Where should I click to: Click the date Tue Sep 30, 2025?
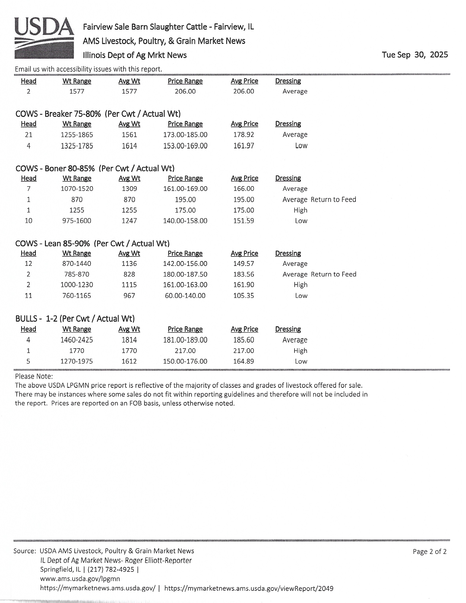pos(415,55)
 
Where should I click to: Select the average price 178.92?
pos(243,135)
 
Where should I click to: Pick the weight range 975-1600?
pos(77,221)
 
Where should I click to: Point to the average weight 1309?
pos(129,189)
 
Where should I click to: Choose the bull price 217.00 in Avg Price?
pos(243,351)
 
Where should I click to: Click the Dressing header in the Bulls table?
pos(288,329)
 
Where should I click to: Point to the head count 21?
pos(29,135)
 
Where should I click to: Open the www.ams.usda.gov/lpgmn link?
pos(80,579)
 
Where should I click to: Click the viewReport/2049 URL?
pos(249,588)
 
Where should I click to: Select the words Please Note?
pos(34,376)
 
